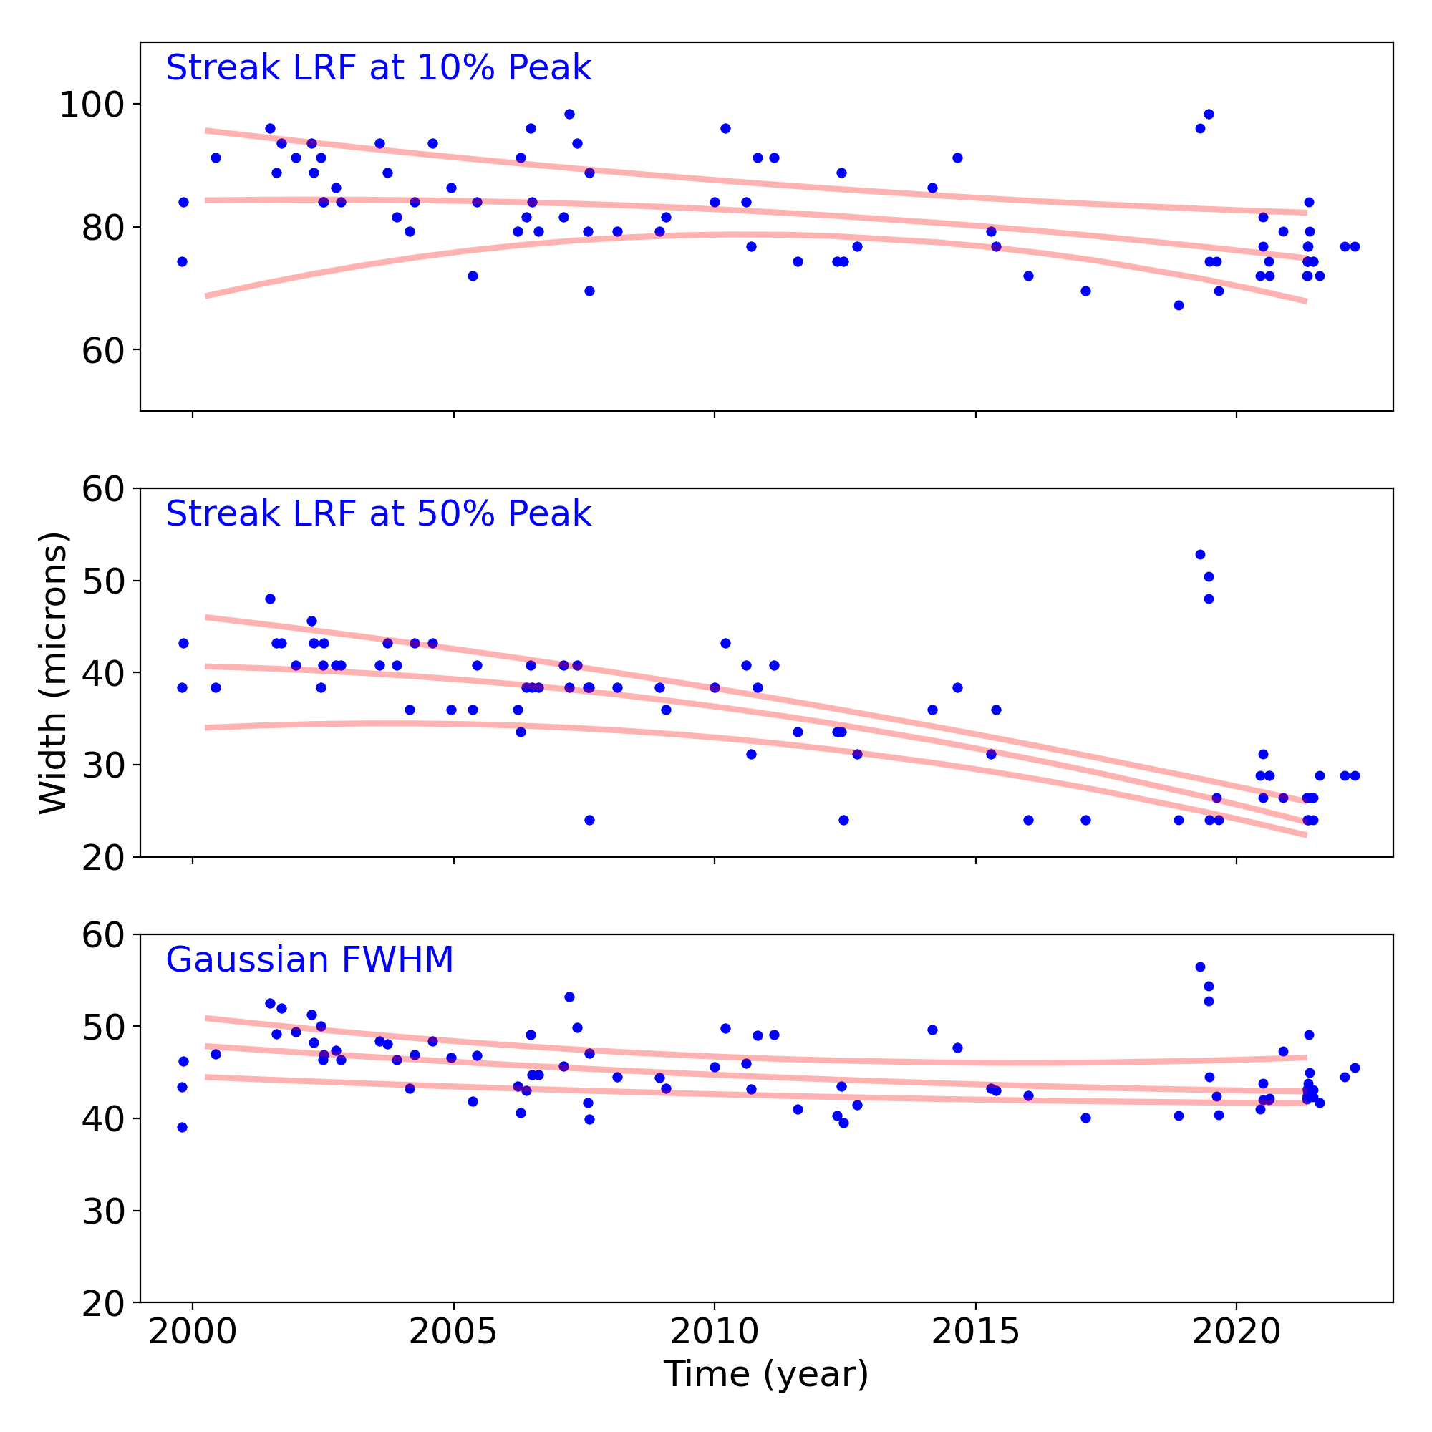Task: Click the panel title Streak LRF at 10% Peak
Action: [x=378, y=68]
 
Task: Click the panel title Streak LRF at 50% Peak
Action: [x=378, y=514]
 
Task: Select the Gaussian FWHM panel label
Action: [x=309, y=960]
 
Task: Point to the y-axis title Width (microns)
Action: [x=54, y=672]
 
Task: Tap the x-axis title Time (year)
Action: [x=765, y=1374]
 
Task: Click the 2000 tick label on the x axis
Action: [x=193, y=1332]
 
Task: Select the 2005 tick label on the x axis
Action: [x=454, y=1332]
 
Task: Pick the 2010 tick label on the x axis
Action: [x=715, y=1332]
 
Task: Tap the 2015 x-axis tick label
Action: [x=975, y=1332]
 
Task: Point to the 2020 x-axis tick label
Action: [x=1237, y=1332]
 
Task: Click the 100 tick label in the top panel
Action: [x=91, y=105]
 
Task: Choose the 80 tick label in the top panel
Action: [x=102, y=228]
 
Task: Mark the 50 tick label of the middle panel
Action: [x=102, y=581]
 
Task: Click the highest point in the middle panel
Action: [x=1200, y=554]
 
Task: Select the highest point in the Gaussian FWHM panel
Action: [x=1200, y=967]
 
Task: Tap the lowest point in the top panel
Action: [x=1179, y=306]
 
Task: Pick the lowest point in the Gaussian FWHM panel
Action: [x=183, y=1128]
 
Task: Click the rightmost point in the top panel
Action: [x=1355, y=247]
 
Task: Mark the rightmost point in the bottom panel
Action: [x=1355, y=1068]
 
